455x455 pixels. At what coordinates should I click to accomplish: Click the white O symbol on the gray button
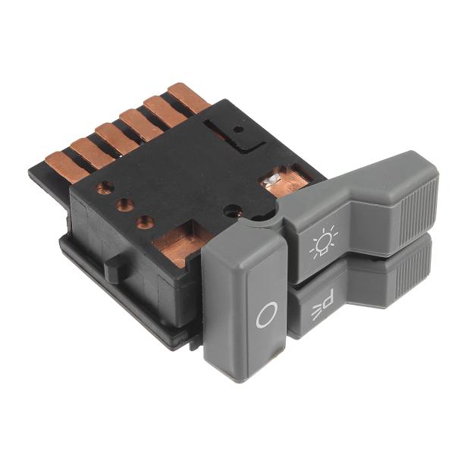(265, 315)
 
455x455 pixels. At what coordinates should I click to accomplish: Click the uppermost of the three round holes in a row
(105, 187)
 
